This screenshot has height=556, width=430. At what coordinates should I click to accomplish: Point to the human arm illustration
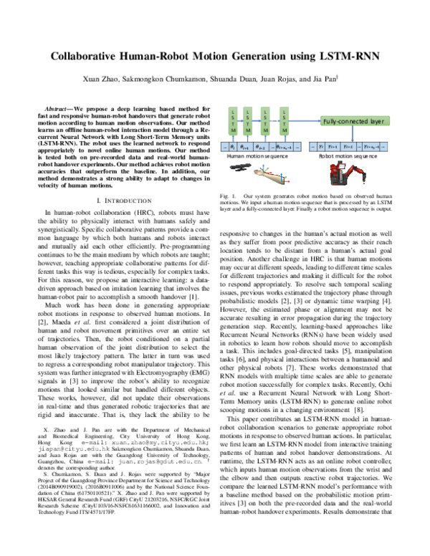(244, 171)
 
